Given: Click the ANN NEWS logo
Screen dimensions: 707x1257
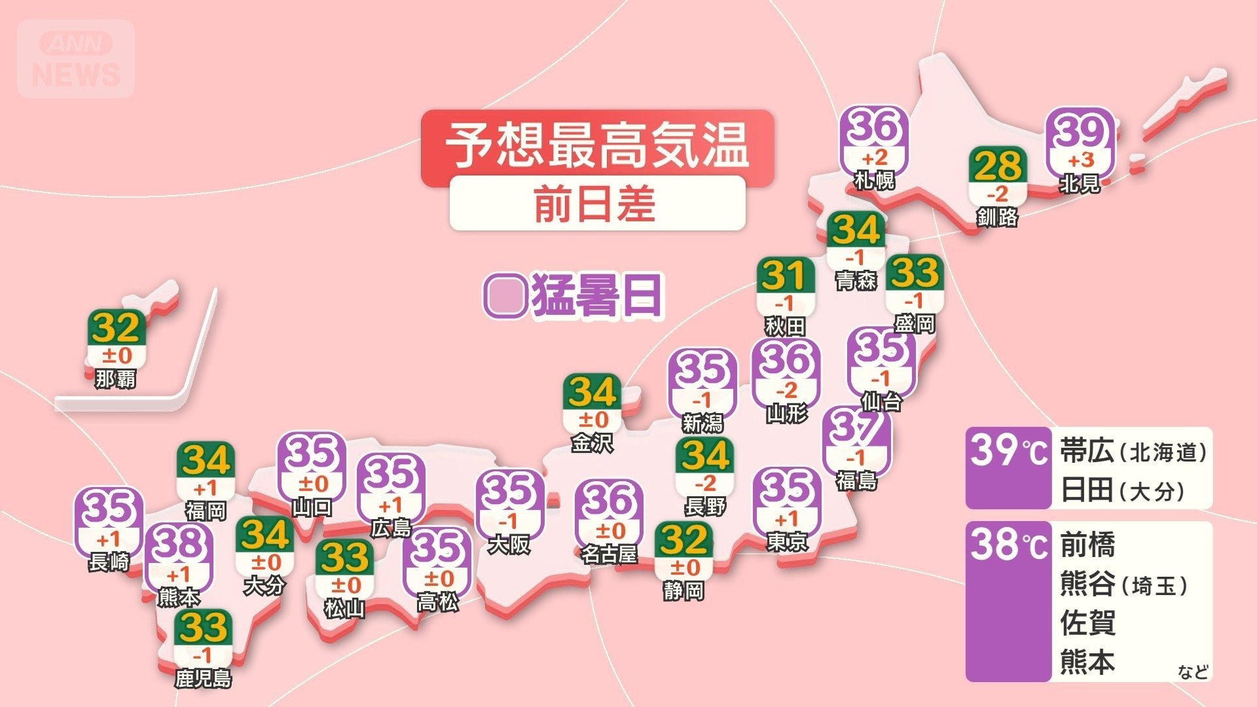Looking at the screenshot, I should click(76, 59).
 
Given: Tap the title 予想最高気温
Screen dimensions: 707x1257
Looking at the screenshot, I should click(596, 145).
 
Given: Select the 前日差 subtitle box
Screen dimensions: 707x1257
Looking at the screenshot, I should click(596, 203).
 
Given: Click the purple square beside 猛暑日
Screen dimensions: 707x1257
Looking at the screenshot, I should click(505, 296).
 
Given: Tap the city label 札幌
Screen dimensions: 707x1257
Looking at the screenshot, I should click(875, 180).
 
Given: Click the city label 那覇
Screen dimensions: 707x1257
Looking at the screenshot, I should click(115, 378).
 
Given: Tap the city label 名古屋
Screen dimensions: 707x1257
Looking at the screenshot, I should click(609, 554).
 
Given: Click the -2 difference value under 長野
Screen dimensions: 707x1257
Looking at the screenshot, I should click(704, 484).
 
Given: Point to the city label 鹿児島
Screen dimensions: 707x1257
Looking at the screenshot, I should click(203, 678).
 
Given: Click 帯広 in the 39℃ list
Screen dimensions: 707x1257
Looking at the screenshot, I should click(1087, 452).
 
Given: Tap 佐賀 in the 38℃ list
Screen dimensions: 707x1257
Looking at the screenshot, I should click(1087, 623).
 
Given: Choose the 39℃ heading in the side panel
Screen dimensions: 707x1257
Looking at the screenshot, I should click(1008, 451).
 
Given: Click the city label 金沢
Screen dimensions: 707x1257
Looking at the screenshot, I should click(592, 443).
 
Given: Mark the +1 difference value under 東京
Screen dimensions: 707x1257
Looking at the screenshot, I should click(786, 519).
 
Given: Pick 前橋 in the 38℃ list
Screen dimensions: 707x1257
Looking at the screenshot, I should click(1087, 545).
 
